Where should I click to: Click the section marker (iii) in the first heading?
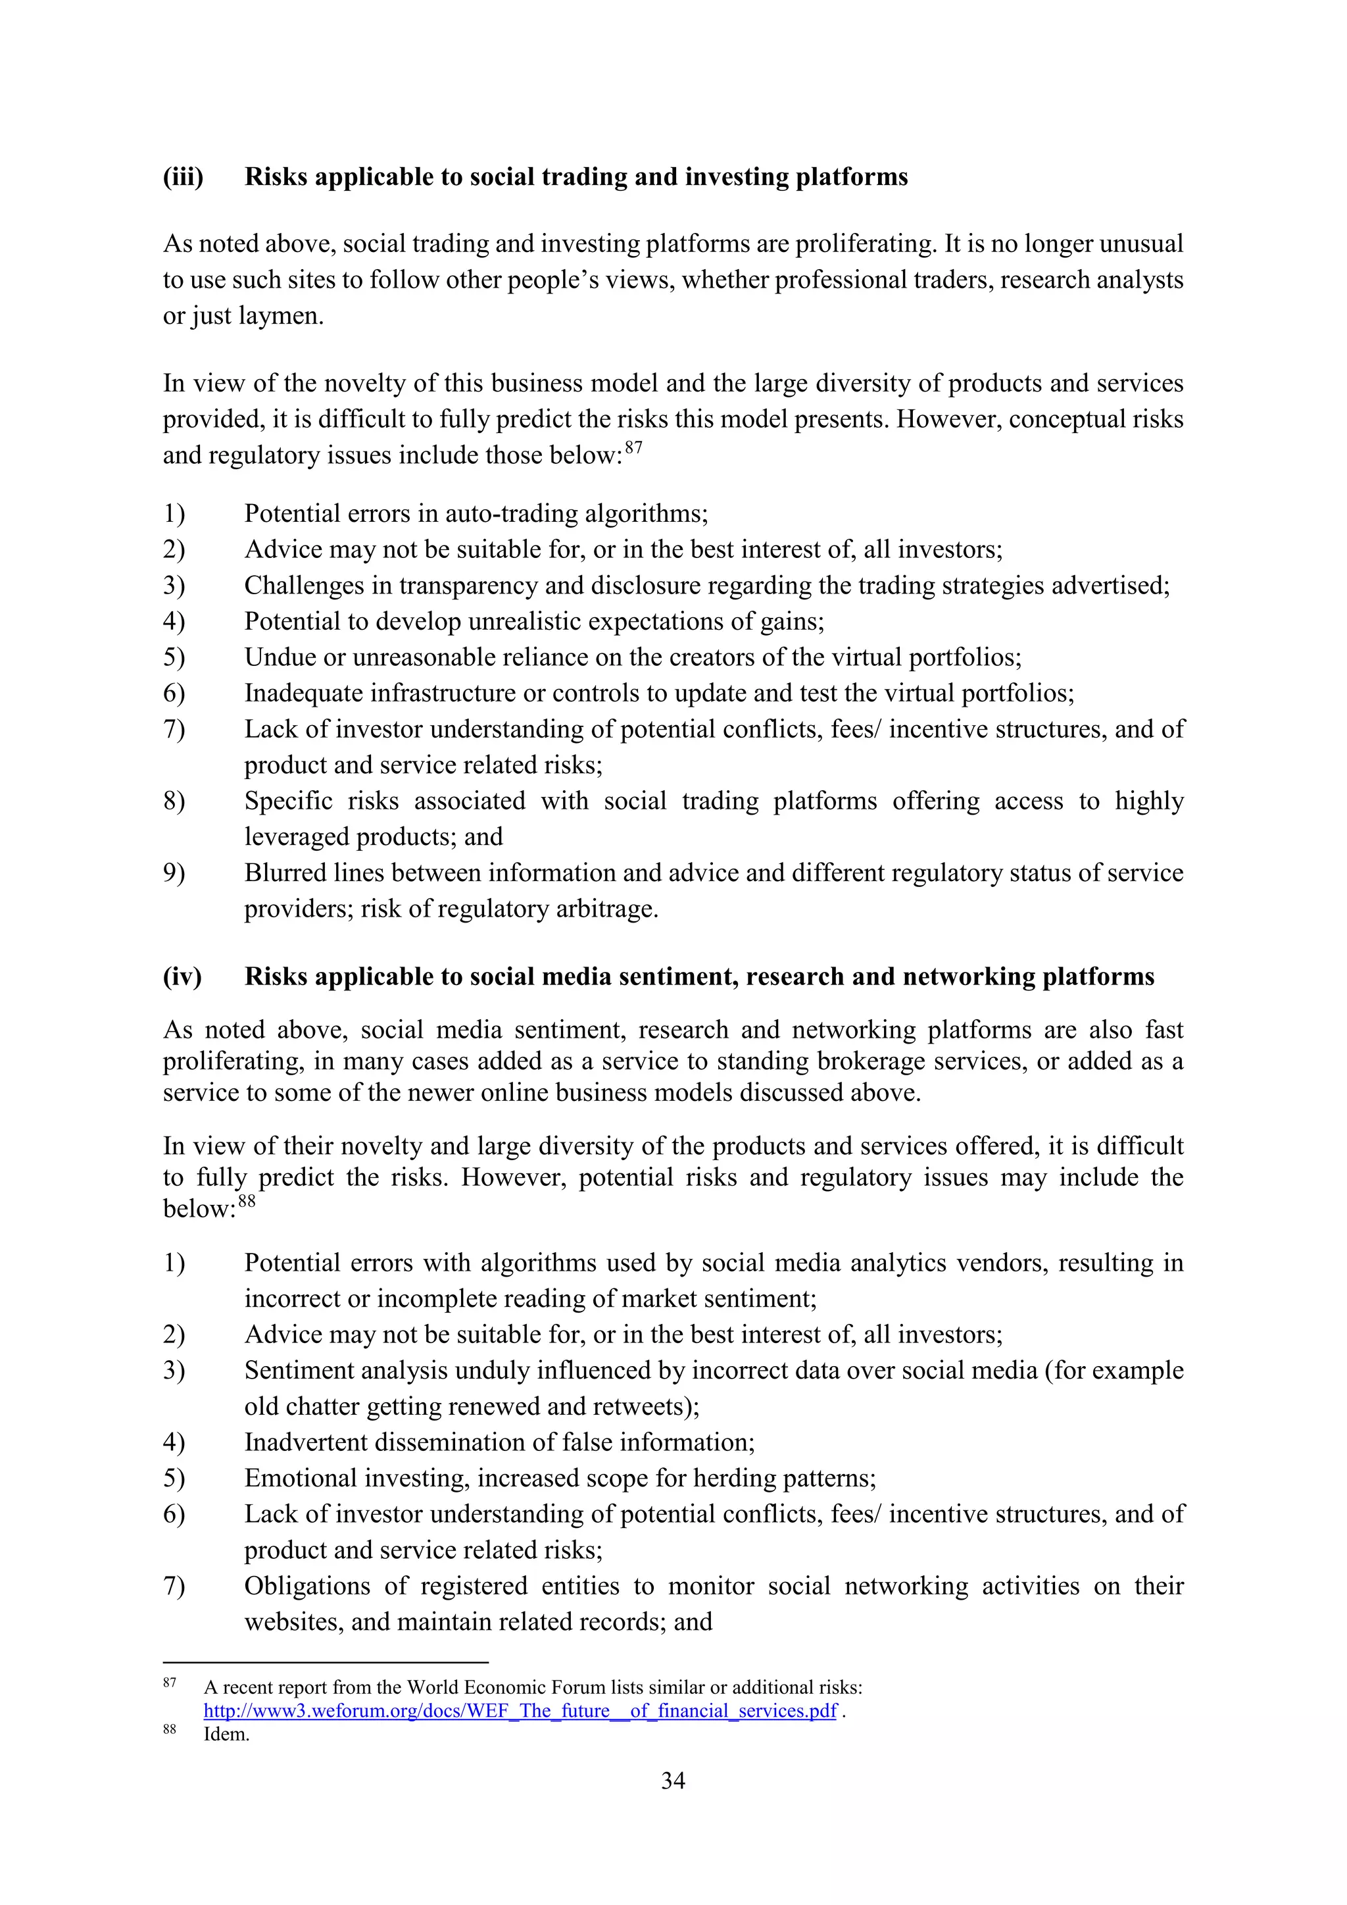184,177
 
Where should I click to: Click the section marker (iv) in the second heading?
182,977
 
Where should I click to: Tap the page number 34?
673,1781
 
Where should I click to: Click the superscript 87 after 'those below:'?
633,448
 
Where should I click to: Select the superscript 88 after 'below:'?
247,1202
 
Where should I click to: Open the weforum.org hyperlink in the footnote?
520,1711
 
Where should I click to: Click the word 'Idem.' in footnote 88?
226,1734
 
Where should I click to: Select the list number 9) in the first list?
174,873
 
